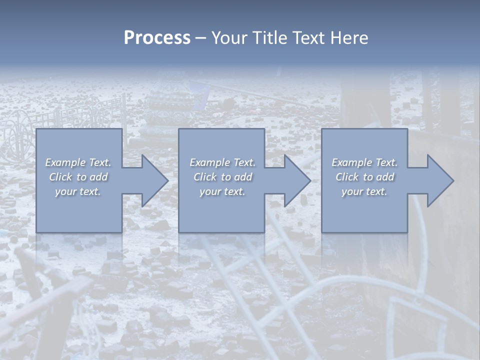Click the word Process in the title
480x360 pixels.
[x=157, y=38]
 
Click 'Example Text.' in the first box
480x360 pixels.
[x=78, y=162]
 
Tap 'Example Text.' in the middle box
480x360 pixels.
[x=222, y=162]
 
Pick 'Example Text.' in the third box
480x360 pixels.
[x=364, y=162]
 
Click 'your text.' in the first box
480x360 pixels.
[x=78, y=191]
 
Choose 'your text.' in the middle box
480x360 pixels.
[x=222, y=191]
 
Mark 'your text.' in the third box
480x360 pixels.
[x=364, y=191]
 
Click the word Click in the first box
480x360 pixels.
[x=60, y=177]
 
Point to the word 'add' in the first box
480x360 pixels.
[x=98, y=177]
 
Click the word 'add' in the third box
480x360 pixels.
[x=385, y=177]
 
